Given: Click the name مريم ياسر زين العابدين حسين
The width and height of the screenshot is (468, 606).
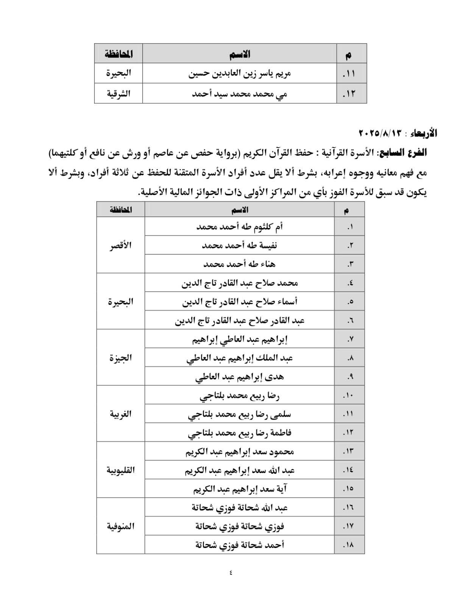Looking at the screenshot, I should pyautogui.click(x=239, y=73).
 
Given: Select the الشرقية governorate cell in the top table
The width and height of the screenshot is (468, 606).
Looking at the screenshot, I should pyautogui.click(x=118, y=93).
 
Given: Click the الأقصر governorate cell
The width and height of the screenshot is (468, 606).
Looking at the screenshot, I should pyautogui.click(x=120, y=245).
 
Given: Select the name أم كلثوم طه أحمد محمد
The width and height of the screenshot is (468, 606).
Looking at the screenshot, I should pyautogui.click(x=239, y=226).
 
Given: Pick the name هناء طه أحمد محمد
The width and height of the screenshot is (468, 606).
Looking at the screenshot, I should pyautogui.click(x=239, y=264).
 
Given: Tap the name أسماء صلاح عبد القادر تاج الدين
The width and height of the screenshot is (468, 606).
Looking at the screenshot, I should pyautogui.click(x=239, y=301).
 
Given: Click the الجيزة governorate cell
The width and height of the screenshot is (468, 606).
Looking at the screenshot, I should pyautogui.click(x=120, y=358).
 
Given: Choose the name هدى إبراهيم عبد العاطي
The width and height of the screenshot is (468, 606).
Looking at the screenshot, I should pyautogui.click(x=239, y=376).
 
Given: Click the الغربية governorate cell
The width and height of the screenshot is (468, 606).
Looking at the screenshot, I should pyautogui.click(x=120, y=414).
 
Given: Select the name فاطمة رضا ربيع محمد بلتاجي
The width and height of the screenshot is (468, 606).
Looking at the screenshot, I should pyautogui.click(x=239, y=433).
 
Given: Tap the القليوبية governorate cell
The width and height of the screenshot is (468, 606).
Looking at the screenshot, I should pyautogui.click(x=120, y=470).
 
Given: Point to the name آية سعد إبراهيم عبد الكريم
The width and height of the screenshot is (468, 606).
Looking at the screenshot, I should pyautogui.click(x=239, y=489).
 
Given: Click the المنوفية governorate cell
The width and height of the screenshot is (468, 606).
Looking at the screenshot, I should pyautogui.click(x=120, y=526).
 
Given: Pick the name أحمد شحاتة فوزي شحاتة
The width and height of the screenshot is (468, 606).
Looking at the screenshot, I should pyautogui.click(x=239, y=545).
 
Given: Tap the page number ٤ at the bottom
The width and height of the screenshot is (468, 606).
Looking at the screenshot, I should pyautogui.click(x=231, y=572).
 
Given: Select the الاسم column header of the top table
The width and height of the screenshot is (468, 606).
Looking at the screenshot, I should pyautogui.click(x=239, y=54).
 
